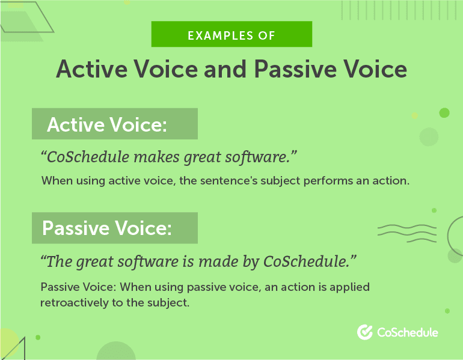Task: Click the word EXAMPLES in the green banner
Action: [220, 35]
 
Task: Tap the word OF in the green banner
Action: [266, 35]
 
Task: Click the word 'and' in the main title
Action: [225, 69]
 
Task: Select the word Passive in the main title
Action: [295, 69]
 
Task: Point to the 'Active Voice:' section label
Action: [107, 124]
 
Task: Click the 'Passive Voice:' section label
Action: [106, 228]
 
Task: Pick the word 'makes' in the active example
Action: [156, 157]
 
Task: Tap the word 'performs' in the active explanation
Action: [328, 181]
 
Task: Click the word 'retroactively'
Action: [75, 303]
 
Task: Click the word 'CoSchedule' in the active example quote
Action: [88, 157]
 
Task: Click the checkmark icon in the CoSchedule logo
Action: [365, 332]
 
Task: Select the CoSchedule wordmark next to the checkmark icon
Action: [408, 332]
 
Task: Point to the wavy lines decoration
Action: [407, 233]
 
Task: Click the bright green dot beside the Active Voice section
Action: [444, 113]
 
